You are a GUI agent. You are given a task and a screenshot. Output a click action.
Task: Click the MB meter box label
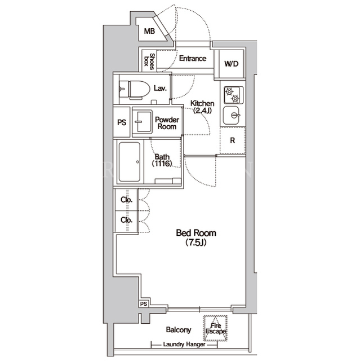[149, 31]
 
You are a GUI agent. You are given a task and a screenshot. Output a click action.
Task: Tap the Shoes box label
[149, 61]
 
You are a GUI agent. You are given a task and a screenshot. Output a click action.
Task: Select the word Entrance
[193, 58]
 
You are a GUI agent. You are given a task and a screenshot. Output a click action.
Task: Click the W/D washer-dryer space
[231, 64]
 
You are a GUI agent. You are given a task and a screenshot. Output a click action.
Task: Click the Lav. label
[160, 88]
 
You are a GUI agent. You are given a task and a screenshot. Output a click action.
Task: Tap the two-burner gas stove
[233, 95]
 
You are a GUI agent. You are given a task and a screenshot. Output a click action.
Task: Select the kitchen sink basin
[232, 115]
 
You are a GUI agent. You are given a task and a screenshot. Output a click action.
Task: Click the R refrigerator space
[233, 140]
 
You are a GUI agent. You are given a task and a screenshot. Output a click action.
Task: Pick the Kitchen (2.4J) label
[202, 107]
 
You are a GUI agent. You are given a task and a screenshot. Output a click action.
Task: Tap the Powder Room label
[167, 123]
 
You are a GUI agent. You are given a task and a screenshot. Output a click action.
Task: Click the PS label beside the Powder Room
[122, 122]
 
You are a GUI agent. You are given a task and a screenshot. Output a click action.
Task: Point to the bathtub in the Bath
[130, 162]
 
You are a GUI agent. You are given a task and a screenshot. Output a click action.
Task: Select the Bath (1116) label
[162, 160]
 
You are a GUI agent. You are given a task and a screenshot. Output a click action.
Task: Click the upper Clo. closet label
[127, 200]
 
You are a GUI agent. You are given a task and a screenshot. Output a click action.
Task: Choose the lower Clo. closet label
[127, 220]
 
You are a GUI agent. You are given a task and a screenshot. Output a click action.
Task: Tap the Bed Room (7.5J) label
[196, 237]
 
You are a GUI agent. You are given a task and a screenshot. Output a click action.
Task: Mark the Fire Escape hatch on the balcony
[216, 328]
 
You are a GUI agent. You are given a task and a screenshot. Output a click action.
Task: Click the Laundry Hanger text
[184, 345]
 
